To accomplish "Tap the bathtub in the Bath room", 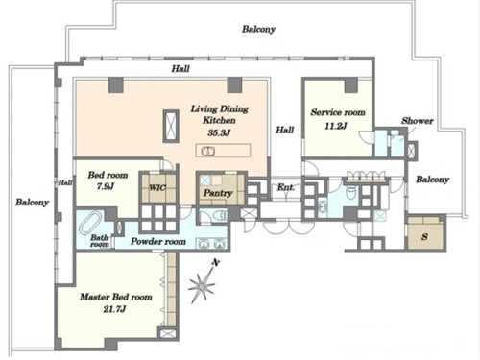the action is click(90, 223).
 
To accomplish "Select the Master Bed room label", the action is click(116, 297).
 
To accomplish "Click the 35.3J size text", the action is click(219, 132).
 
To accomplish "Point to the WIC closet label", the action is click(157, 187).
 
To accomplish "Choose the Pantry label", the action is click(218, 193).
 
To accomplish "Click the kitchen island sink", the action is click(208, 151).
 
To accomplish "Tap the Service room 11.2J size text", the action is click(336, 126).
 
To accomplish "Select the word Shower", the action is click(418, 121).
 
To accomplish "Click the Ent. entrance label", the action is click(286, 187).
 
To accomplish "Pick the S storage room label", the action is click(424, 237).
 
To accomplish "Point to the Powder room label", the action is click(158, 241).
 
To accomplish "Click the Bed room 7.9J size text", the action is click(106, 186).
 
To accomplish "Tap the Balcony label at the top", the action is click(258, 29).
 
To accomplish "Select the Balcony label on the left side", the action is click(33, 203).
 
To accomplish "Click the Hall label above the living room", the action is click(180, 68).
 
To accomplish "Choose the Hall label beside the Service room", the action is click(285, 130).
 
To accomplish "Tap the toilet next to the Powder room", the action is click(221, 215).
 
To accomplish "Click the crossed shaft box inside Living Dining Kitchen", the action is click(171, 126).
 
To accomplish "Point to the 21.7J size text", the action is click(114, 309).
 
